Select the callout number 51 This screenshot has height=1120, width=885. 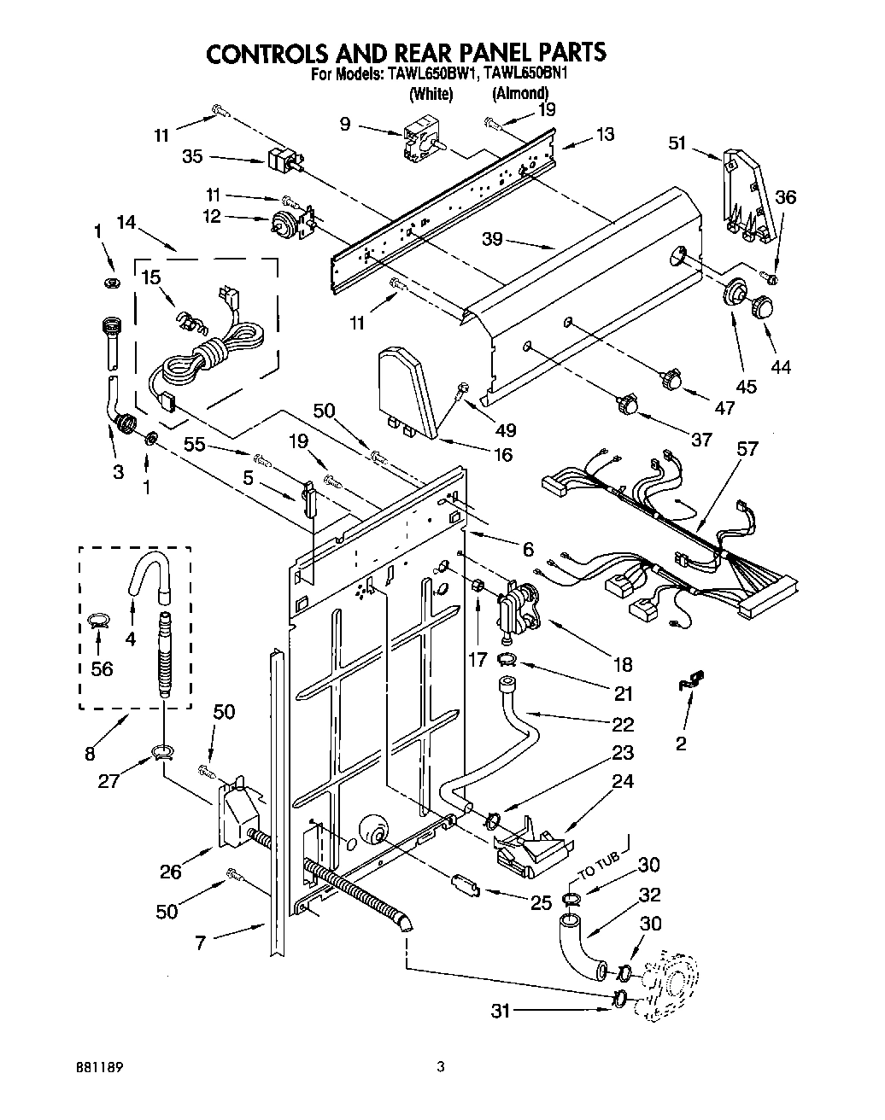[677, 143]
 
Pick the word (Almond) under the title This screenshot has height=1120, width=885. [519, 94]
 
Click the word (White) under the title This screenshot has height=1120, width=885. [431, 94]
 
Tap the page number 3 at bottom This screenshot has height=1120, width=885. [441, 1066]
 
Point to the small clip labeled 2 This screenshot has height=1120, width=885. [689, 680]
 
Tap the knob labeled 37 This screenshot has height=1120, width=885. [630, 401]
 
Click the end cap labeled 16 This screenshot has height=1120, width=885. [408, 389]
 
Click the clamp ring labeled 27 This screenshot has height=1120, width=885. [161, 751]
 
